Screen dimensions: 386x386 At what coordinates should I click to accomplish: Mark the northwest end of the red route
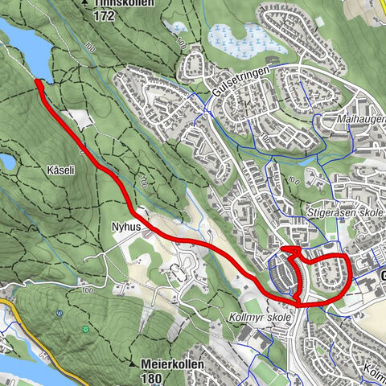pyautogui.click(x=37, y=82)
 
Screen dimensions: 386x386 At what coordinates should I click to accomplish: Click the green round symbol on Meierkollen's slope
pyautogui.click(x=85, y=330)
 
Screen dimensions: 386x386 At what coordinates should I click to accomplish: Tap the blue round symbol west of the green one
pyautogui.click(x=57, y=314)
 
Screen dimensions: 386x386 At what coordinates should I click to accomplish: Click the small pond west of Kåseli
pyautogui.click(x=6, y=162)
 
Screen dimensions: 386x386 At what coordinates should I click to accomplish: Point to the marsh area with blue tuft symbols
pyautogui.click(x=237, y=37)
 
